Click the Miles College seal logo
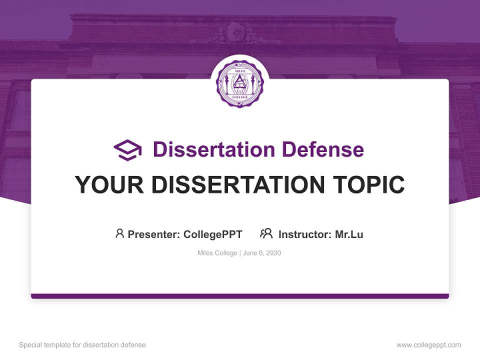point(239,83)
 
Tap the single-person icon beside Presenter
point(119,233)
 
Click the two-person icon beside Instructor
point(266,233)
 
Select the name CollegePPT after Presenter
point(213,234)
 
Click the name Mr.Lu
point(349,234)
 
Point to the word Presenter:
point(154,234)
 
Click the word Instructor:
point(305,234)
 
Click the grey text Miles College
point(217,253)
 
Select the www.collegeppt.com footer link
point(428,345)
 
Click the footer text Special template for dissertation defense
point(82,345)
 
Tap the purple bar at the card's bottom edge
point(240,296)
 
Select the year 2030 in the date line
point(273,253)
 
